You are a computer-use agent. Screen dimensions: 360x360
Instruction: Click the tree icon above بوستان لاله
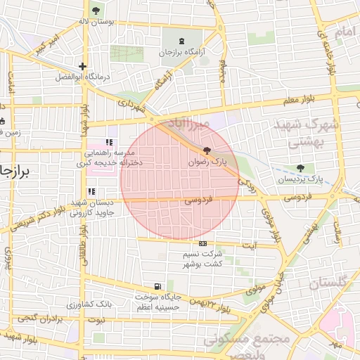tap(96, 10)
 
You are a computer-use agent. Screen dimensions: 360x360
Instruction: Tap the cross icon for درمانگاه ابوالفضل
tap(82, 66)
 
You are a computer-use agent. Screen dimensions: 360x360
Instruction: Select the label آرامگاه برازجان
tap(184, 53)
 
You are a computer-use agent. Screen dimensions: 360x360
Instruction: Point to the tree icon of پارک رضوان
tap(206, 150)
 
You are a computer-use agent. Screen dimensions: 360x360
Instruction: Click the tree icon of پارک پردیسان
tap(301, 168)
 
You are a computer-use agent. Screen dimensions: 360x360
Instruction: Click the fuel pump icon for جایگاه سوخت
tap(157, 286)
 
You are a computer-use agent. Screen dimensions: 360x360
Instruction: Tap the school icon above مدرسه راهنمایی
tap(109, 142)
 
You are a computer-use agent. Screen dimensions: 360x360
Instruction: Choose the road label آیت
tap(249, 245)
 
